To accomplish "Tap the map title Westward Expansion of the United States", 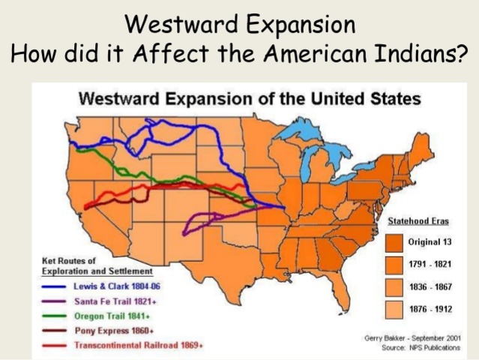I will pyautogui.click(x=250, y=98).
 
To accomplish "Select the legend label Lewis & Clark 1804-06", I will pyautogui.click(x=117, y=286).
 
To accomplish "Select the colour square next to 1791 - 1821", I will pyautogui.click(x=394, y=265).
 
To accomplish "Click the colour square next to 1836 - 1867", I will pyautogui.click(x=394, y=287).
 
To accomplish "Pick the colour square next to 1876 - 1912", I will pyautogui.click(x=394, y=309).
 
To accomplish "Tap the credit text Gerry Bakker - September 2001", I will pyautogui.click(x=412, y=338).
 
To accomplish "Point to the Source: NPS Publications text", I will pyautogui.click(x=425, y=347).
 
